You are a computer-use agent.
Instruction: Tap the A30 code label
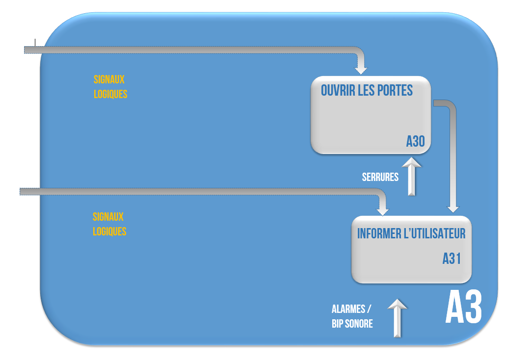click(x=415, y=141)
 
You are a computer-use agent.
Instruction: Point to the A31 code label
click(x=451, y=258)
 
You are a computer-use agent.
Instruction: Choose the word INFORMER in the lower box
click(x=379, y=233)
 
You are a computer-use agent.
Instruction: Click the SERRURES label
click(x=380, y=177)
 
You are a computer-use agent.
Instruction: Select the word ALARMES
click(x=348, y=309)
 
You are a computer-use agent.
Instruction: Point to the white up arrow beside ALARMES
click(x=397, y=318)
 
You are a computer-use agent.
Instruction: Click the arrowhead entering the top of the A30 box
click(x=361, y=68)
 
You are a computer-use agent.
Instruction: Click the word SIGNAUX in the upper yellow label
click(x=109, y=80)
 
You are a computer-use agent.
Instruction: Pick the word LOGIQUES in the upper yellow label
click(x=110, y=94)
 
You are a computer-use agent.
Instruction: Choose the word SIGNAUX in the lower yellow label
click(x=108, y=217)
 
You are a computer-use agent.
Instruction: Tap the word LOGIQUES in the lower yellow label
click(x=109, y=231)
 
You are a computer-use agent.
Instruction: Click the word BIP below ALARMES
click(x=338, y=324)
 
